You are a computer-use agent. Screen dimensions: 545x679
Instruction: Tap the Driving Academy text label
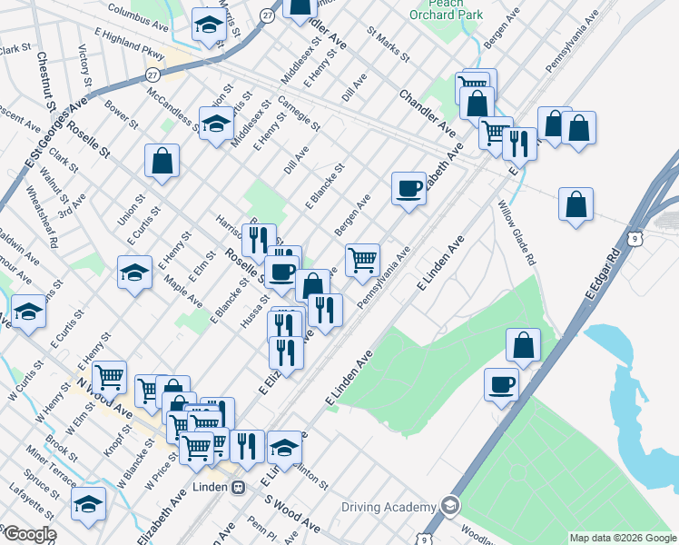[390, 506]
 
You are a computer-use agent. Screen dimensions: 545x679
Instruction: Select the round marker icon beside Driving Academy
[449, 505]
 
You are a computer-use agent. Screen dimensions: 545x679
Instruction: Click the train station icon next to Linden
[239, 487]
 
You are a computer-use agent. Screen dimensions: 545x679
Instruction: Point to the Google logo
[29, 535]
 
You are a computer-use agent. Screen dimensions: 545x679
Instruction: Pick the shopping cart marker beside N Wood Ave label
[109, 375]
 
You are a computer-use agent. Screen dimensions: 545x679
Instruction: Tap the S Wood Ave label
[292, 514]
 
